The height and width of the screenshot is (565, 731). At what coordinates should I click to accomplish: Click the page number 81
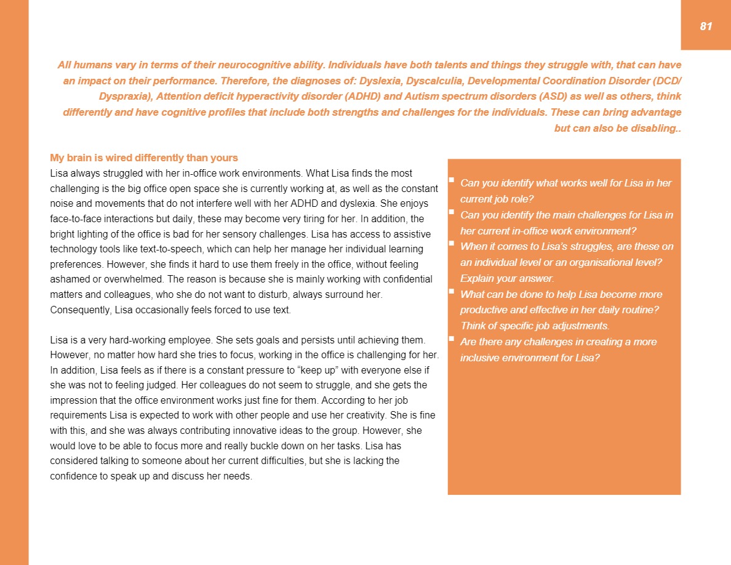(x=706, y=26)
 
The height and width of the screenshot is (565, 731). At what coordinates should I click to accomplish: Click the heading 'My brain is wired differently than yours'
(x=143, y=158)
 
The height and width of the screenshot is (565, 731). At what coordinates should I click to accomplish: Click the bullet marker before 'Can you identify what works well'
(x=451, y=180)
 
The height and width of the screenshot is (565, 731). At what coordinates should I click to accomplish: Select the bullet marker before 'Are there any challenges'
(x=451, y=339)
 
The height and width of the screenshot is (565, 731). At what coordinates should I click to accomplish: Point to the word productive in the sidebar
(x=486, y=310)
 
